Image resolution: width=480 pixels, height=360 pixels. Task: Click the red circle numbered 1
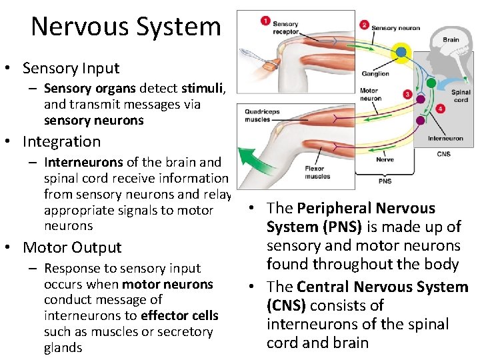coord(266,21)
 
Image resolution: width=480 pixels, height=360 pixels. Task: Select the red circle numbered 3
coord(407,95)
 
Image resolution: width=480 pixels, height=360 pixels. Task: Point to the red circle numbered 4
coord(440,109)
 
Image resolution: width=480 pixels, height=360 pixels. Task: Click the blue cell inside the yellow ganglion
coord(401,51)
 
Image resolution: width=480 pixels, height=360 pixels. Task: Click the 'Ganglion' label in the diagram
coord(375,73)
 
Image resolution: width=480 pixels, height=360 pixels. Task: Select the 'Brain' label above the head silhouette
coord(451,40)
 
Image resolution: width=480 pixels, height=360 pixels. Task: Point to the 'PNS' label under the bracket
coord(385,181)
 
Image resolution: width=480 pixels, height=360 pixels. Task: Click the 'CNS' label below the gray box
coord(444,154)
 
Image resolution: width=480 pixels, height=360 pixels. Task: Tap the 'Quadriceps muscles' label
coord(261,116)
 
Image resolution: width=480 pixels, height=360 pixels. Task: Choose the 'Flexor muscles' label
coord(317,173)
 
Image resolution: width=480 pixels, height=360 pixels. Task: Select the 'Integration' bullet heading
coord(61,141)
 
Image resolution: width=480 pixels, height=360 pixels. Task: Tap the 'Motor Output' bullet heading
coord(72,247)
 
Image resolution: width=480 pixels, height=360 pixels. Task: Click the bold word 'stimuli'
coord(203,88)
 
